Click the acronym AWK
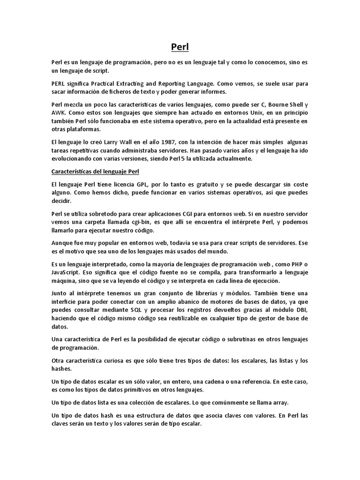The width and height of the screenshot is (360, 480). pyautogui.click(x=59, y=112)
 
